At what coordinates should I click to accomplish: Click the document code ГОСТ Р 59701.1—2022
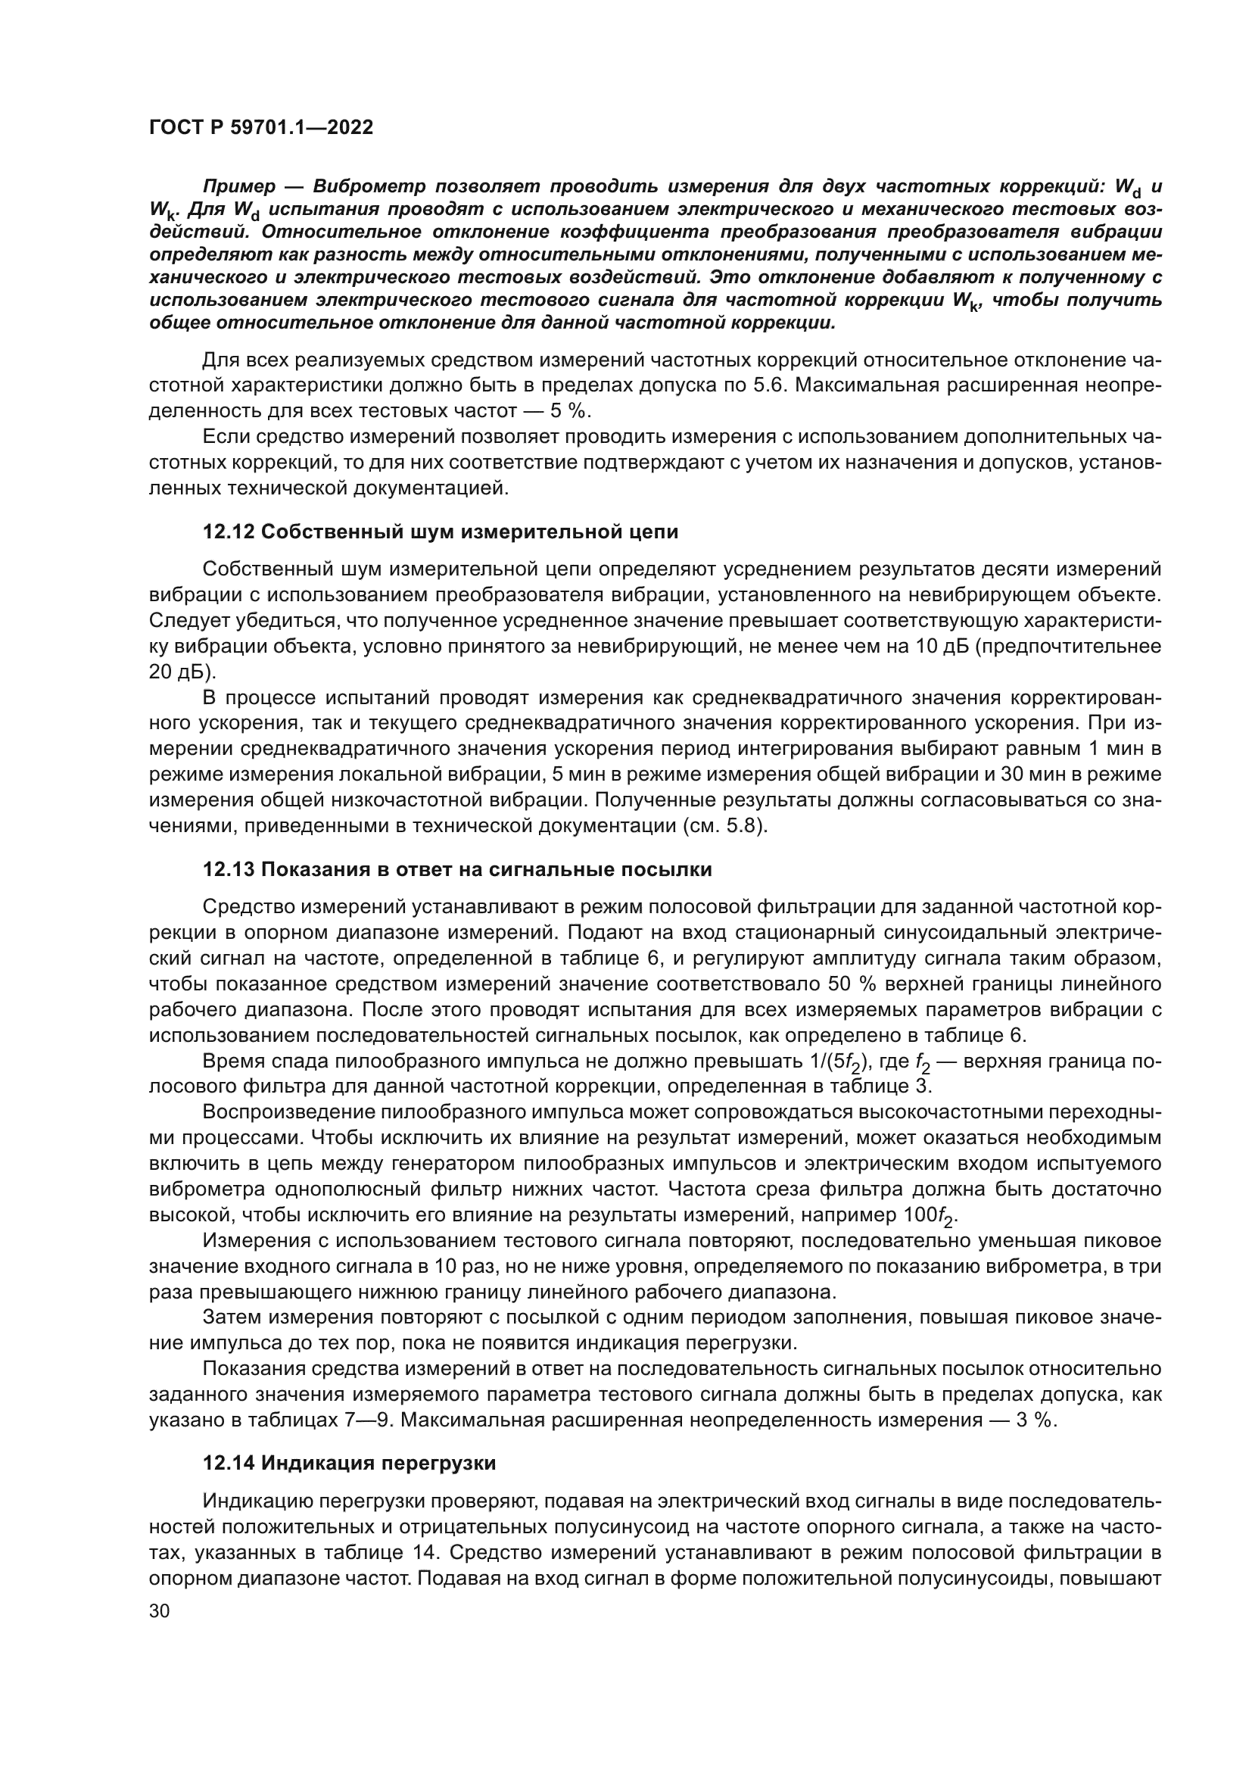pos(260,128)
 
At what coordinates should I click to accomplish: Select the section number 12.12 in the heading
pos(229,532)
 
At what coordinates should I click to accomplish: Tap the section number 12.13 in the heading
pos(229,870)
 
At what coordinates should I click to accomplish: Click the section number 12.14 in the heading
pos(229,1464)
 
